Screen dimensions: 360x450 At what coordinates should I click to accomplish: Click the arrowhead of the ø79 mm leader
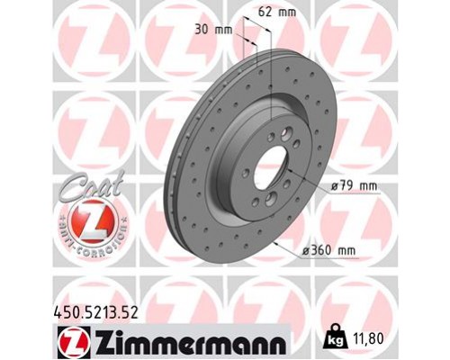pos(302,178)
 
